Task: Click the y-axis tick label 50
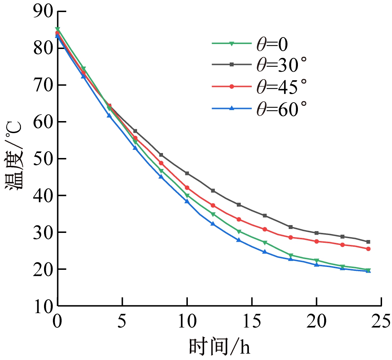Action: click(x=43, y=159)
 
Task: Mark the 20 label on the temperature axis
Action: click(x=43, y=269)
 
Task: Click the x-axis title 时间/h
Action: click(x=219, y=346)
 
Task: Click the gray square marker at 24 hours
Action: click(x=368, y=242)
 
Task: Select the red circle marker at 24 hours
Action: click(x=368, y=249)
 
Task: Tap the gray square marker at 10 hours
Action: click(x=187, y=173)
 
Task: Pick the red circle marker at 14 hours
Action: click(x=239, y=219)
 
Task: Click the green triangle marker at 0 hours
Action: click(x=58, y=29)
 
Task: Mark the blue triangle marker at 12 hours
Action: click(x=213, y=224)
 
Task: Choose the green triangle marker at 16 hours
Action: click(x=265, y=242)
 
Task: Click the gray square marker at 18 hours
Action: click(x=291, y=227)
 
